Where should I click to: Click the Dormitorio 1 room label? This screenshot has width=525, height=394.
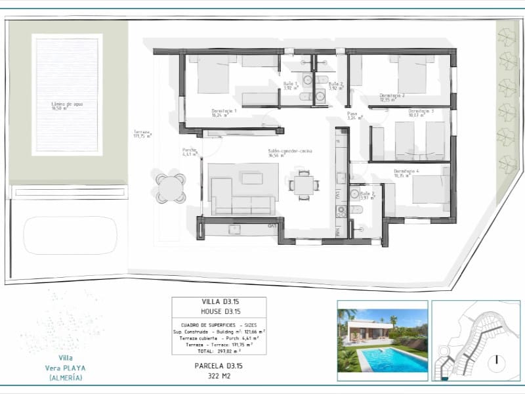pyautogui.click(x=224, y=111)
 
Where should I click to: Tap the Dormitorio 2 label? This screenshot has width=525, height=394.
pyautogui.click(x=392, y=96)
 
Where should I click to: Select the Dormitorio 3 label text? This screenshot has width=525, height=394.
pyautogui.click(x=421, y=111)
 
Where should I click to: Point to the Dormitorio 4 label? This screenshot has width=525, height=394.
pyautogui.click(x=406, y=172)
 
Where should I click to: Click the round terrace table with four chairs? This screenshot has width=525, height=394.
pyautogui.click(x=171, y=187)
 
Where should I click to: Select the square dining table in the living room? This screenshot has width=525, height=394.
pyautogui.click(x=303, y=185)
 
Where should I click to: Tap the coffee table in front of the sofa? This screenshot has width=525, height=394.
pyautogui.click(x=251, y=178)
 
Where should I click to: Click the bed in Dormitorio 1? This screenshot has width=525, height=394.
pyautogui.click(x=212, y=74)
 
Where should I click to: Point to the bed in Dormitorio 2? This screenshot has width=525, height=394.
pyautogui.click(x=411, y=74)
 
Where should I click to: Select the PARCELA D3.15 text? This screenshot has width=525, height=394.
pyautogui.click(x=219, y=365)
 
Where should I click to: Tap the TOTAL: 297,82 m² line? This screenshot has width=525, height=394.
pyautogui.click(x=219, y=351)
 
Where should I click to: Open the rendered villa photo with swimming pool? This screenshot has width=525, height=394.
pyautogui.click(x=382, y=340)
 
